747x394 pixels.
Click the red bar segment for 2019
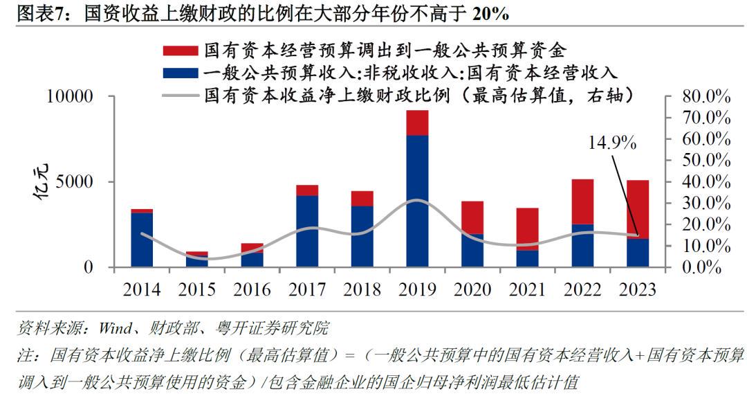417,123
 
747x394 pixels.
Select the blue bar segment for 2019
417,201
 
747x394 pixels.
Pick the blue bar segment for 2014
142,240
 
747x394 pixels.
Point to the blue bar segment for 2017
307,231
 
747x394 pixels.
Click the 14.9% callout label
612,143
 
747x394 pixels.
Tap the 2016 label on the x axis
252,289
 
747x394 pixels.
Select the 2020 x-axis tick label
472,289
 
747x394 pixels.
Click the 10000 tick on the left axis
70,96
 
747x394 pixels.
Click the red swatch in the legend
180,51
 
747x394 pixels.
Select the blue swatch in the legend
180,73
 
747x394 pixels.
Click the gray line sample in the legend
180,95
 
